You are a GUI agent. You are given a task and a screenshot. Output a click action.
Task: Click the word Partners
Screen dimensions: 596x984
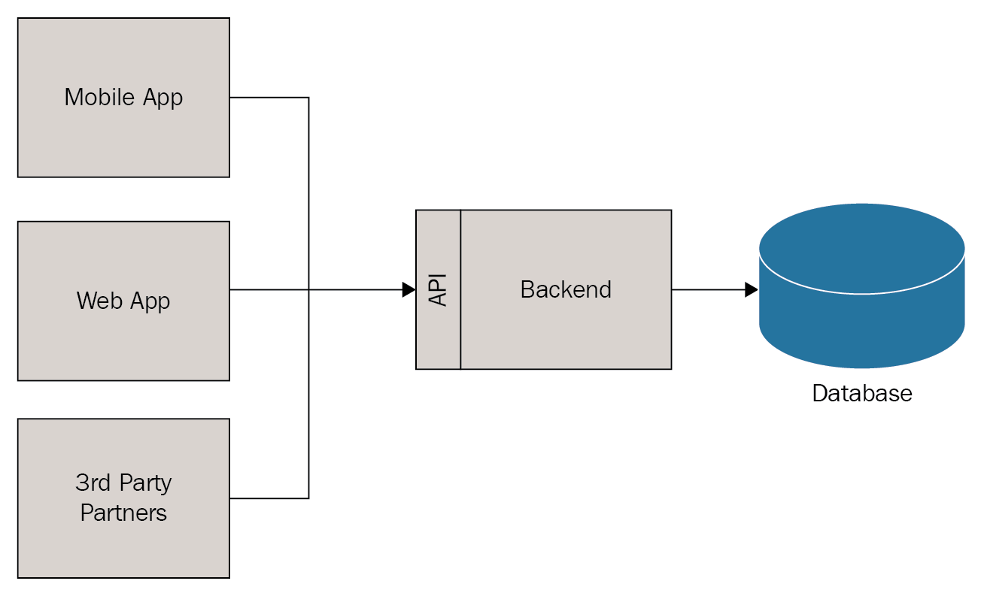coord(123,513)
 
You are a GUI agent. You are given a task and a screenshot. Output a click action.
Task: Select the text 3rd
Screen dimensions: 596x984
coord(92,483)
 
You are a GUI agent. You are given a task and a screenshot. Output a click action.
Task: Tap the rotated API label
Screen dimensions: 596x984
coord(438,289)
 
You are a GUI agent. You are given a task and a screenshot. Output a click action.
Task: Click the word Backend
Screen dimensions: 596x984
coord(566,289)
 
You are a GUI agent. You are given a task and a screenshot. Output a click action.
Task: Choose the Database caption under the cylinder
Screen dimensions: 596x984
coord(861,393)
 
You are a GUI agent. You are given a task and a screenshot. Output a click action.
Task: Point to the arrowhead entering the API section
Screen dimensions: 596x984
coord(409,289)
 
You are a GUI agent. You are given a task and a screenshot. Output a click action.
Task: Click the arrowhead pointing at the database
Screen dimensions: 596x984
coord(751,289)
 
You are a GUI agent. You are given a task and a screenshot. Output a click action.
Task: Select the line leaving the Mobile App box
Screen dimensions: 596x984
coord(269,98)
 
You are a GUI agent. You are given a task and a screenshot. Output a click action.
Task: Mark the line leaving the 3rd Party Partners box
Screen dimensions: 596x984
coord(269,498)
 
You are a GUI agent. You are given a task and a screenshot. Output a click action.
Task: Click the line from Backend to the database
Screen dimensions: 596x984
coord(707,289)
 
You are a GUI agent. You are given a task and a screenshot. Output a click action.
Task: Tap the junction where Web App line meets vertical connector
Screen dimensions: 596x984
coord(308,289)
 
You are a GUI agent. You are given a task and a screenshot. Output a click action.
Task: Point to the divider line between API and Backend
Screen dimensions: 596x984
coord(460,331)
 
